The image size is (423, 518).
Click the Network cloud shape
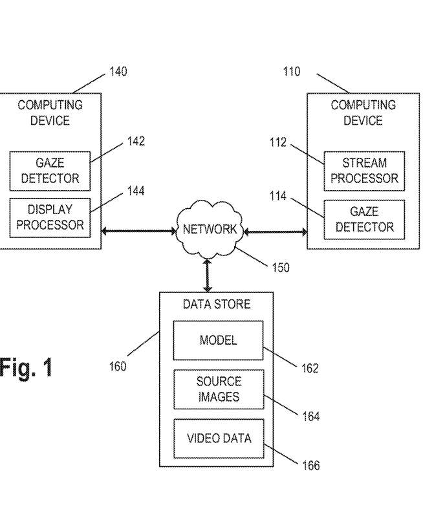(x=209, y=230)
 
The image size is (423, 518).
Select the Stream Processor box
(x=364, y=171)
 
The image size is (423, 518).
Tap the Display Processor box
(x=50, y=217)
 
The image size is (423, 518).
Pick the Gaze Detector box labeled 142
(x=50, y=171)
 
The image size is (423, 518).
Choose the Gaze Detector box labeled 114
(x=364, y=219)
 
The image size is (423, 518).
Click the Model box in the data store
(x=218, y=340)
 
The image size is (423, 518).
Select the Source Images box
(x=218, y=389)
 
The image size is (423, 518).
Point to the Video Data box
(x=218, y=438)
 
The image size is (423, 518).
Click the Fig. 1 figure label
(x=26, y=367)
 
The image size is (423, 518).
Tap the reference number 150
(x=280, y=267)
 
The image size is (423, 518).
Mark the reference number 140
(x=118, y=72)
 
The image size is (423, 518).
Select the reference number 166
(x=311, y=465)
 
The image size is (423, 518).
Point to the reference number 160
(x=117, y=367)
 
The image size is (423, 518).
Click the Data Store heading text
(x=216, y=304)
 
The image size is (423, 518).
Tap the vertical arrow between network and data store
(x=207, y=275)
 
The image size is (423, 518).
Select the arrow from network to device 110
(x=275, y=230)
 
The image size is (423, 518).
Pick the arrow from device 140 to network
(x=138, y=230)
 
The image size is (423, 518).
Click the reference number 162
(x=310, y=369)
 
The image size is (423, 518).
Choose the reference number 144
(x=136, y=191)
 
